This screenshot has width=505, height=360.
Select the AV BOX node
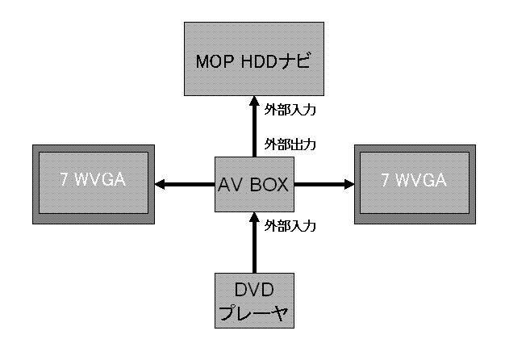[x=252, y=184]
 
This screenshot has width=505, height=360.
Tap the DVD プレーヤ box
[x=252, y=299]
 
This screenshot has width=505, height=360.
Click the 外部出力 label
[x=290, y=145]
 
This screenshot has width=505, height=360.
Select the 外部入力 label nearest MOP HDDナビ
[x=290, y=107]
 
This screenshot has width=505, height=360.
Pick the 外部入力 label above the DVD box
[x=290, y=225]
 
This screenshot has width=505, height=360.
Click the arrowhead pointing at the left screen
[x=159, y=184]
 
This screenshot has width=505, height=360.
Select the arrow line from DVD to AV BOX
[x=253, y=250]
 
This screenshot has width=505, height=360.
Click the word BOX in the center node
[x=269, y=185]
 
